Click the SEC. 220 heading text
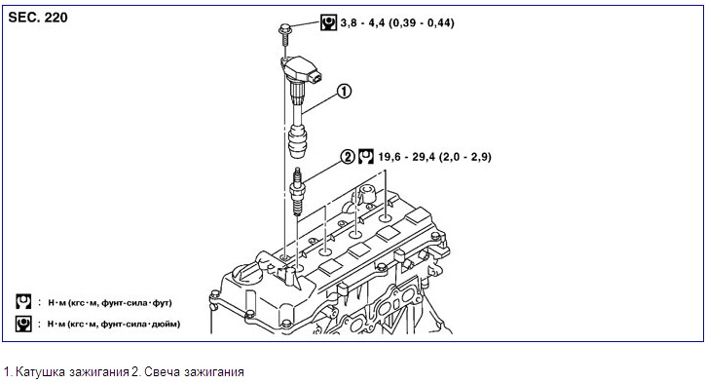pyautogui.click(x=38, y=18)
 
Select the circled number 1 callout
pyautogui.click(x=344, y=92)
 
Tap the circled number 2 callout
pyautogui.click(x=348, y=157)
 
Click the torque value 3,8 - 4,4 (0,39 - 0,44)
pyautogui.click(x=397, y=22)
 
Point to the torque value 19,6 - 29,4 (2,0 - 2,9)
pyautogui.click(x=434, y=157)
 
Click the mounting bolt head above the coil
pyautogui.click(x=285, y=29)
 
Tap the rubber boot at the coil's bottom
pyautogui.click(x=297, y=141)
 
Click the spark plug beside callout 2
pyautogui.click(x=297, y=191)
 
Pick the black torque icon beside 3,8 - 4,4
pyautogui.click(x=329, y=22)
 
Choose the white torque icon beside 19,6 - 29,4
pyautogui.click(x=366, y=157)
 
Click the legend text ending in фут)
pyautogui.click(x=110, y=303)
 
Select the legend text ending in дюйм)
pyautogui.click(x=114, y=324)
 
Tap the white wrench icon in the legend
pyautogui.click(x=23, y=302)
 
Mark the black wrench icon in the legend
pyautogui.click(x=23, y=324)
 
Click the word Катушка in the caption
pyautogui.click(x=41, y=372)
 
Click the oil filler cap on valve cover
pyautogui.click(x=244, y=276)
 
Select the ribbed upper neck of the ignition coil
pyautogui.click(x=296, y=94)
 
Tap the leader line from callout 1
pyautogui.click(x=319, y=102)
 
